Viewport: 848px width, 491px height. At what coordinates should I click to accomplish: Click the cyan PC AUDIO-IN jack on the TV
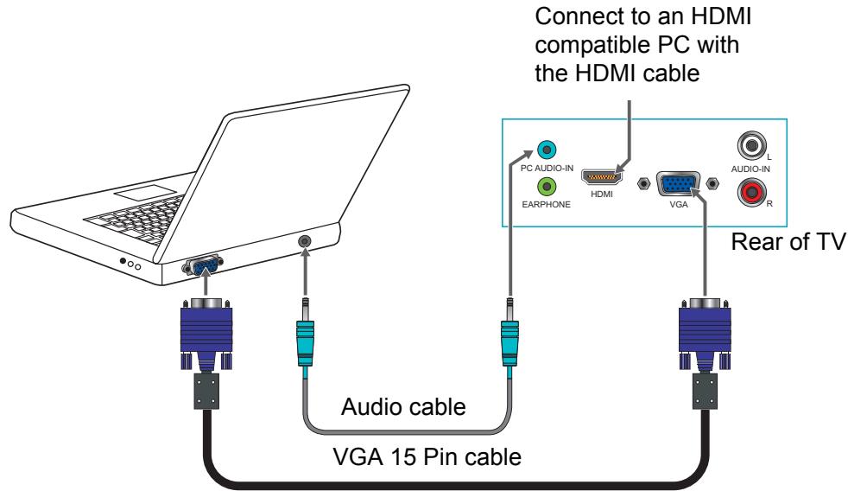click(547, 150)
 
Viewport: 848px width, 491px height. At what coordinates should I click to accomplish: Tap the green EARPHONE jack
click(547, 187)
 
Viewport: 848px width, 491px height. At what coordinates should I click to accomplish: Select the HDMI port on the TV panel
click(601, 177)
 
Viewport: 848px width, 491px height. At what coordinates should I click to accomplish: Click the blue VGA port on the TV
click(678, 184)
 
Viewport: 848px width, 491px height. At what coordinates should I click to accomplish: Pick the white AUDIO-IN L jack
click(752, 145)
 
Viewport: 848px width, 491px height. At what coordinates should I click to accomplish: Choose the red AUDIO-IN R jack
click(752, 192)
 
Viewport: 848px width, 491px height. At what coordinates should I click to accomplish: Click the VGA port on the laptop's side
click(203, 265)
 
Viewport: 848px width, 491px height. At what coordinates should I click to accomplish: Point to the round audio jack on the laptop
click(305, 241)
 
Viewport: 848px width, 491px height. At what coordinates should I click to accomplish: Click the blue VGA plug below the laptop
click(206, 334)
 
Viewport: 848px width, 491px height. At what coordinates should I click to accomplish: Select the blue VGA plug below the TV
click(705, 334)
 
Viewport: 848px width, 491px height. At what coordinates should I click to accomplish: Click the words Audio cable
click(403, 407)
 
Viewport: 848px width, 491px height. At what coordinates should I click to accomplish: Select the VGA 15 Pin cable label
click(427, 457)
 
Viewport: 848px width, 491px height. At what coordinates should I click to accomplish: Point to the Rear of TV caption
click(788, 241)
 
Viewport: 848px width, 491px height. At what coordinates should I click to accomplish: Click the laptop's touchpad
click(145, 193)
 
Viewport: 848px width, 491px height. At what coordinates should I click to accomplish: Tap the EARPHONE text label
click(547, 205)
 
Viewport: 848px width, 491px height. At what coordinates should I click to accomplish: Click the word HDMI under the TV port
click(601, 194)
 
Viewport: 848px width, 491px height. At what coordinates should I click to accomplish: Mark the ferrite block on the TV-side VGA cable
click(705, 391)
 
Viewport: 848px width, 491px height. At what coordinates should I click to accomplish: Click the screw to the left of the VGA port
click(643, 183)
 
